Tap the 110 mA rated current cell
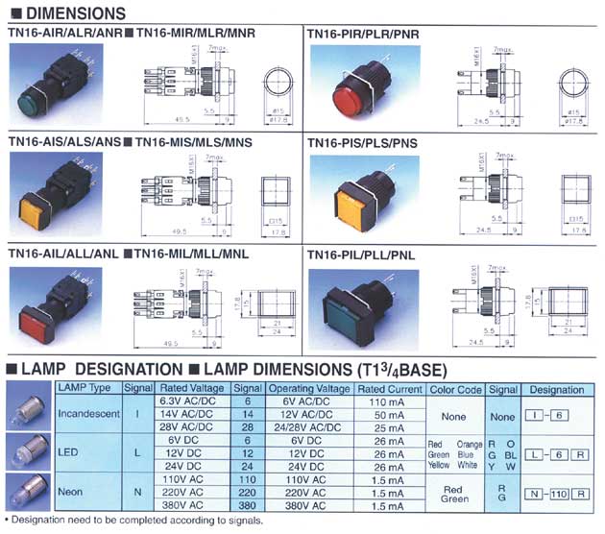pos(390,400)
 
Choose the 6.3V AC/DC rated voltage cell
pos(186,400)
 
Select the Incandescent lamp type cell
pos(87,413)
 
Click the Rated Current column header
pos(390,387)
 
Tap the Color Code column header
pos(455,387)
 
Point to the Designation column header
pos(557,387)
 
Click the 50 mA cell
pos(390,413)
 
